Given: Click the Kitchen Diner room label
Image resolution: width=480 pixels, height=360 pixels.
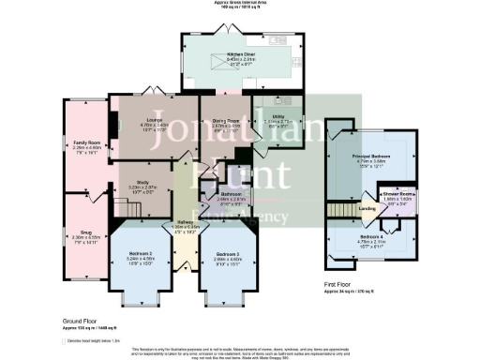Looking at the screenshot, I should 227,55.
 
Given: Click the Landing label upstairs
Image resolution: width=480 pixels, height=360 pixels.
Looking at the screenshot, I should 369,195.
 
